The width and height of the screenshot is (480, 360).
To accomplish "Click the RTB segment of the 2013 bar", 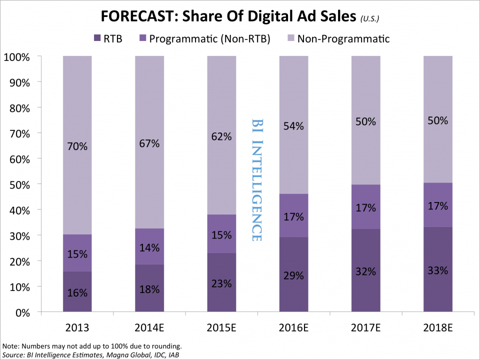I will point(77,292).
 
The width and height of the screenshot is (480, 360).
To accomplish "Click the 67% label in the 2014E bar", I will point(149,143).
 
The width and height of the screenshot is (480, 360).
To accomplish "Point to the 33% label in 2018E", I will point(438,270).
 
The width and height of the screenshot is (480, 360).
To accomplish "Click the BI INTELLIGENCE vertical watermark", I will point(256,180).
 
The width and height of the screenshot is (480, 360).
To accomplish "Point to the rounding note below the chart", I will point(93,346).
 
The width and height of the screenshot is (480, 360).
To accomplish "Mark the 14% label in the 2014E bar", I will point(149,246).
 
